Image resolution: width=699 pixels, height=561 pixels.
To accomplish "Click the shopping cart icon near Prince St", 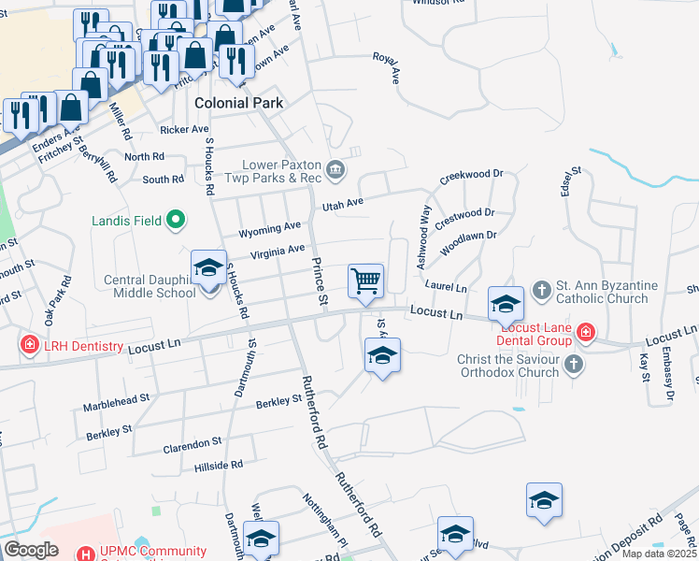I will coord(365,280).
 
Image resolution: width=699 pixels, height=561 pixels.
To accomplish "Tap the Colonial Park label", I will coord(238,103).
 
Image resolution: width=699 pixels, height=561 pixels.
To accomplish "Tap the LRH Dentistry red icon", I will coord(30,345).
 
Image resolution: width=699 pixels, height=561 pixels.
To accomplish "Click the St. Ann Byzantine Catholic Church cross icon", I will coord(541,289).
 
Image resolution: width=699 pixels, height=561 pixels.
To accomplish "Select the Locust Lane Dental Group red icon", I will coord(585,331).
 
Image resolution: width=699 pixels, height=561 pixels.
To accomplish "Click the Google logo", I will coord(31,550).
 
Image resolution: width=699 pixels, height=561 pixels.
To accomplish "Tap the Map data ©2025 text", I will coord(658,554).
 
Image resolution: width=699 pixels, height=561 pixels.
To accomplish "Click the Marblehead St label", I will coord(117,399).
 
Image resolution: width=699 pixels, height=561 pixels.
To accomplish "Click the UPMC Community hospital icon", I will coord(86,554).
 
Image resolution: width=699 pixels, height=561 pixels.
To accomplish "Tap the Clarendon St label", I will coord(193,441).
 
